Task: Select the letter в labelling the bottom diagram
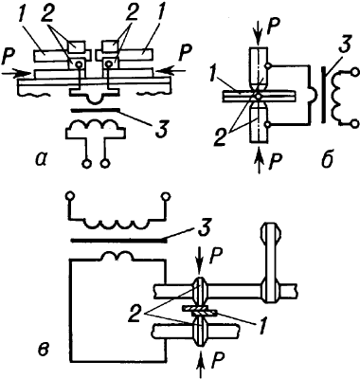tap(44, 349)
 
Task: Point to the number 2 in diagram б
tap(222, 137)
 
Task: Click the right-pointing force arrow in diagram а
tap(16, 73)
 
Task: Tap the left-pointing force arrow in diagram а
tap(171, 71)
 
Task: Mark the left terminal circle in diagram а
tap(86, 164)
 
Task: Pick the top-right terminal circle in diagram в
tap(165, 197)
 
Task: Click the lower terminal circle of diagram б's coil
tap(355, 123)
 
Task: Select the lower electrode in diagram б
tap(259, 124)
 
